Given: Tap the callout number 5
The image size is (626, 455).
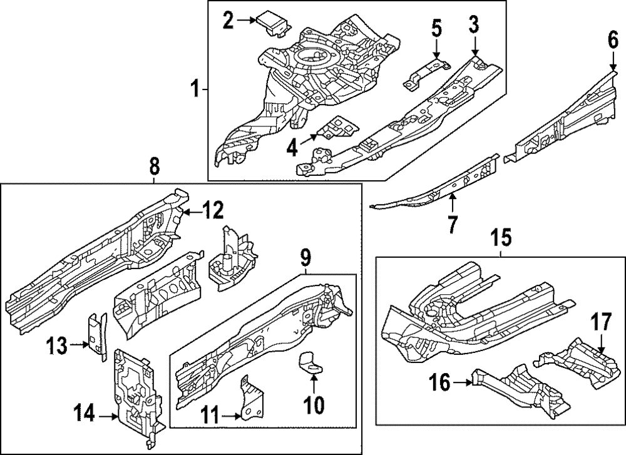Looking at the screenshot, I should click(436, 28).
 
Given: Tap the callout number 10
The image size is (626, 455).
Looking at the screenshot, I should click(313, 406).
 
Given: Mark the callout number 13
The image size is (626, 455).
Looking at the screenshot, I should click(58, 344).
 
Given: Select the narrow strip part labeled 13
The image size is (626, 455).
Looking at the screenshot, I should click(98, 337).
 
